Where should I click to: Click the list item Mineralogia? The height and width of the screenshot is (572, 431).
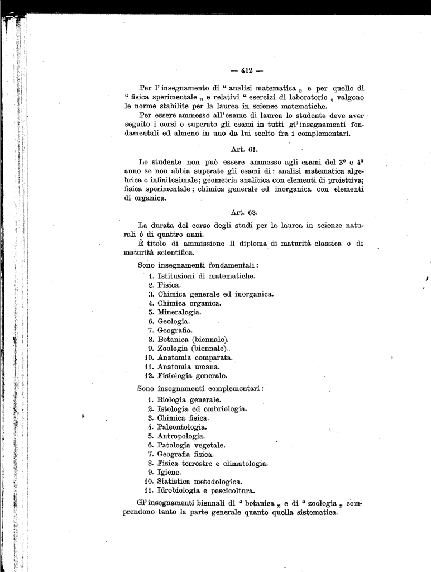coord(179,312)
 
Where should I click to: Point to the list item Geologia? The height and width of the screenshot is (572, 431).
coord(174,321)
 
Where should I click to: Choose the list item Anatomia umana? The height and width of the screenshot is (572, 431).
coord(184,366)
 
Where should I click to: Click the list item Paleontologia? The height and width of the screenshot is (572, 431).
coord(182,427)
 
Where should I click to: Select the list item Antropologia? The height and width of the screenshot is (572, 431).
coord(181,436)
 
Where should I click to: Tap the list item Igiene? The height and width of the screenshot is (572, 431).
coord(169,473)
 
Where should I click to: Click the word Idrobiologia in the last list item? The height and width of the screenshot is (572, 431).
coord(179,491)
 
